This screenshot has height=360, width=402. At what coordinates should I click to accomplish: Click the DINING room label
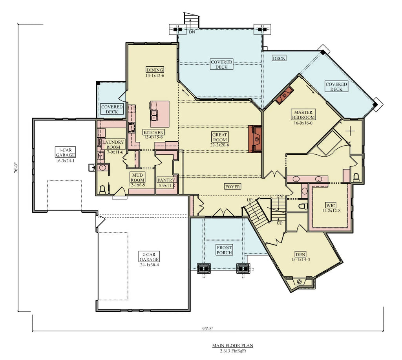tap(155, 70)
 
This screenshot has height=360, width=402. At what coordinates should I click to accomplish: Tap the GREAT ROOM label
tap(220, 137)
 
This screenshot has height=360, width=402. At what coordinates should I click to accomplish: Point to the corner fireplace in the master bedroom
tap(285, 95)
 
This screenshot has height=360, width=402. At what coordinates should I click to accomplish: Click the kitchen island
tap(159, 114)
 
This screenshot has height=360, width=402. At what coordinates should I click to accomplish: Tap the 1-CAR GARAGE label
tap(65, 152)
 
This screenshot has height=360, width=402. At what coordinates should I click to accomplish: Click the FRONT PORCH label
tap(224, 250)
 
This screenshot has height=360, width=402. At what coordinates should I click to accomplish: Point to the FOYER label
tap(232, 186)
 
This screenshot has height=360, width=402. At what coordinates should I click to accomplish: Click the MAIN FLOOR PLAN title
tap(232, 345)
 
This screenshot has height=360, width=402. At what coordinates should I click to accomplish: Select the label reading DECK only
tap(279, 58)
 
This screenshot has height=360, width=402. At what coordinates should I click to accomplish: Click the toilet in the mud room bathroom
tap(102, 190)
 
